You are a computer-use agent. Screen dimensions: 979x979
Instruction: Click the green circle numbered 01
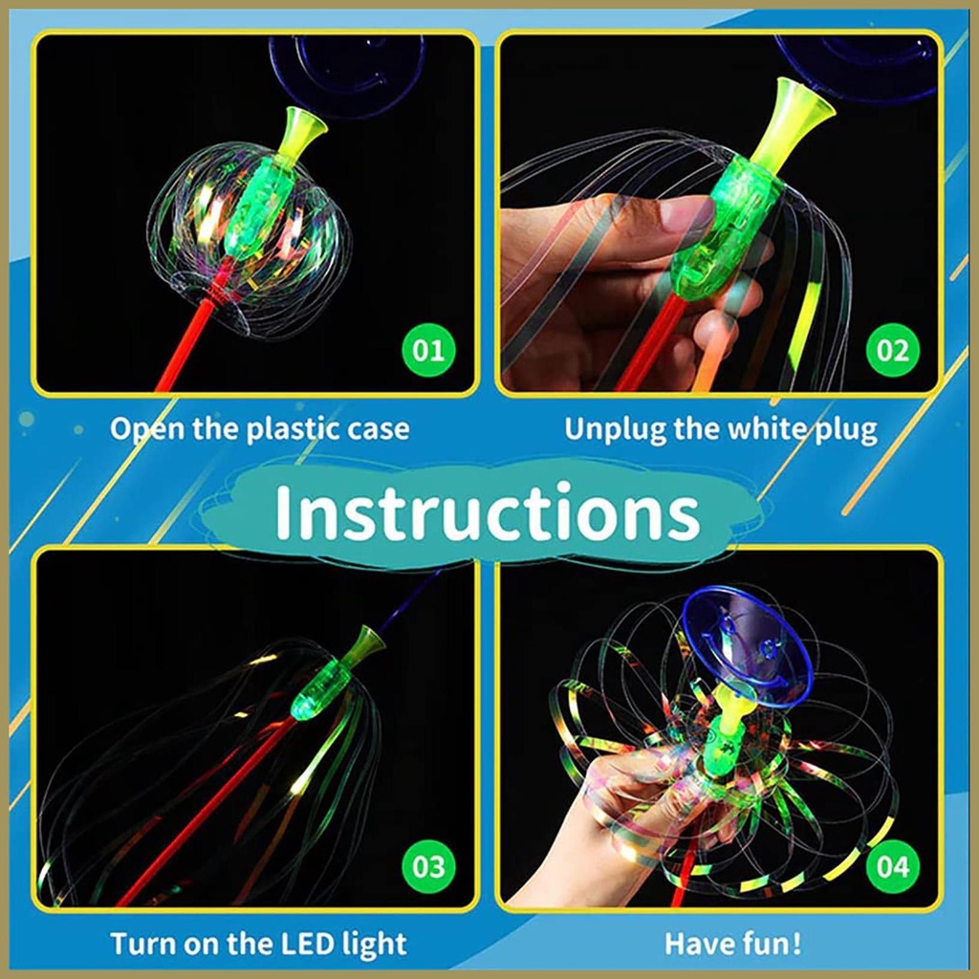(x=428, y=350)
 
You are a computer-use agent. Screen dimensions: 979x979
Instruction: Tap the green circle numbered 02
(x=893, y=350)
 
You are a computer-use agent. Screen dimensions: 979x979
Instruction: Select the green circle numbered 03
(x=428, y=866)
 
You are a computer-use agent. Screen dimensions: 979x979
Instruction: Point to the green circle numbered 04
(x=893, y=866)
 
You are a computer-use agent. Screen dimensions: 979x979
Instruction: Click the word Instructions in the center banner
(x=487, y=512)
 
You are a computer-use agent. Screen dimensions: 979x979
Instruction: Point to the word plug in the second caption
(x=847, y=431)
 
